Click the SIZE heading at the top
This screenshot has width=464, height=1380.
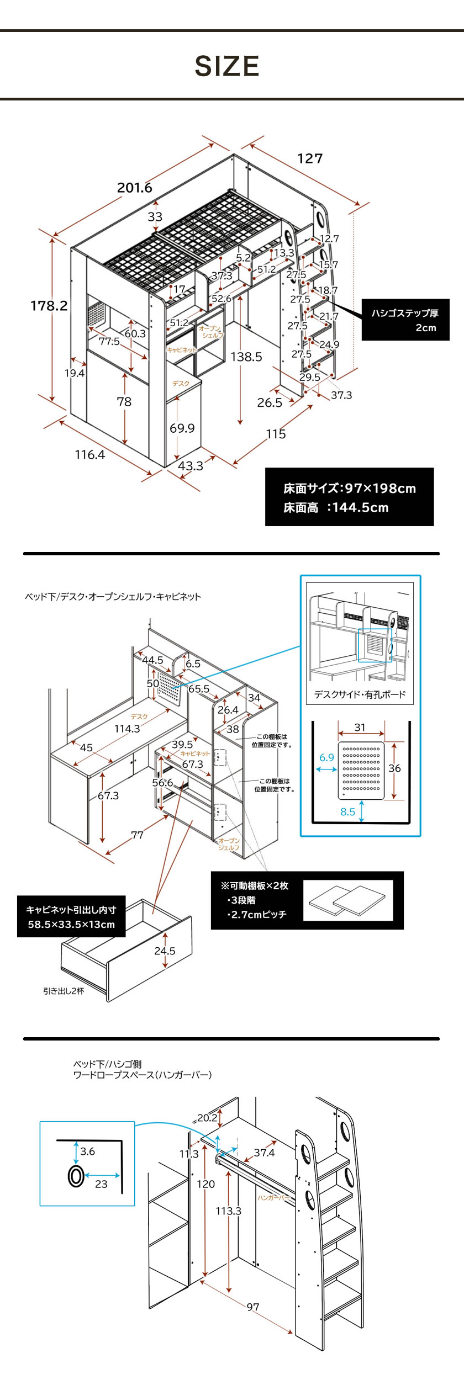point(227,66)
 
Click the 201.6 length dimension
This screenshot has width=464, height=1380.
point(134,188)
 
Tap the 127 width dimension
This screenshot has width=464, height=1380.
point(309,159)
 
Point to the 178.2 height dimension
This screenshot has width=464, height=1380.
point(49,306)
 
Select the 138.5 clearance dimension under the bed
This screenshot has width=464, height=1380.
point(246,357)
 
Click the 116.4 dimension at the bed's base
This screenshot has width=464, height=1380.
point(89,455)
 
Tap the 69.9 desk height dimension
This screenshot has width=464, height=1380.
point(182,428)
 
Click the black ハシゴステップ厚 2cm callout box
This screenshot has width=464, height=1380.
point(405,320)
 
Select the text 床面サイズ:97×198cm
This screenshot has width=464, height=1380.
point(349,489)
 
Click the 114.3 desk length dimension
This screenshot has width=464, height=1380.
point(127,729)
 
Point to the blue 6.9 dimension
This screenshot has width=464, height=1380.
point(326,758)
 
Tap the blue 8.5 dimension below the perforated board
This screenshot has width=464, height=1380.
point(347,812)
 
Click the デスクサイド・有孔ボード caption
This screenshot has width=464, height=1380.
point(360,695)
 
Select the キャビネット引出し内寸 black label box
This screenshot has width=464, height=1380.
point(71,917)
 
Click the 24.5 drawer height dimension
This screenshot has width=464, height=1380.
point(165,951)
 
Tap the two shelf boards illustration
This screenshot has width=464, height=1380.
point(347,901)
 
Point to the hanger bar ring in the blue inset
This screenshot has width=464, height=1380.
point(76,1176)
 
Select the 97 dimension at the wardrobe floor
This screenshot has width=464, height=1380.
point(252,1307)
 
